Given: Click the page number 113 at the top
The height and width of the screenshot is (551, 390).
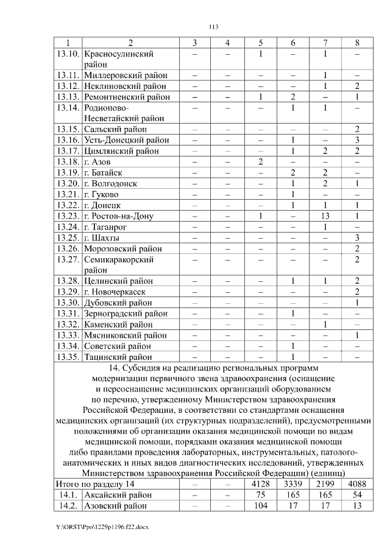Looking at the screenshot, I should point(213,27).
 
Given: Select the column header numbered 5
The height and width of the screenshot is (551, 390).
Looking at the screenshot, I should point(260,43).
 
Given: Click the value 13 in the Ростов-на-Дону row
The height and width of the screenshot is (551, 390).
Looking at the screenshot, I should point(325,216).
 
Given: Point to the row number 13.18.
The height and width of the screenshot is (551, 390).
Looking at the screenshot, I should point(68,162).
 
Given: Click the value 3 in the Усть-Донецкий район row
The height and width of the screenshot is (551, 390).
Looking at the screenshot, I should point(357,140).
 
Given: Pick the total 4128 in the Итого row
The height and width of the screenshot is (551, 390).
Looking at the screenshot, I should point(260,483).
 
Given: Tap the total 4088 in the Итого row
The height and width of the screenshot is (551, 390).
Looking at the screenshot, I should point(357,483).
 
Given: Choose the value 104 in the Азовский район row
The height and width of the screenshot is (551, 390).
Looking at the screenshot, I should point(260,505).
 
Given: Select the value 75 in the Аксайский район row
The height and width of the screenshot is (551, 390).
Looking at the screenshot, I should point(260,494).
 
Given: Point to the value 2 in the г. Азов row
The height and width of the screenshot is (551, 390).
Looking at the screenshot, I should point(260,162).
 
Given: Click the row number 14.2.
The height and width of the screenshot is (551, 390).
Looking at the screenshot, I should point(68,505).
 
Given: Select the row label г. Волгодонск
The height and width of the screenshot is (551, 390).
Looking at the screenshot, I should point(110,184).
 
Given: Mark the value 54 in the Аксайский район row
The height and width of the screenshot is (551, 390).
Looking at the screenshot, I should point(357,494).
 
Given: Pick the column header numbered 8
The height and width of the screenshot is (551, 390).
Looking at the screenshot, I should point(357,43).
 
